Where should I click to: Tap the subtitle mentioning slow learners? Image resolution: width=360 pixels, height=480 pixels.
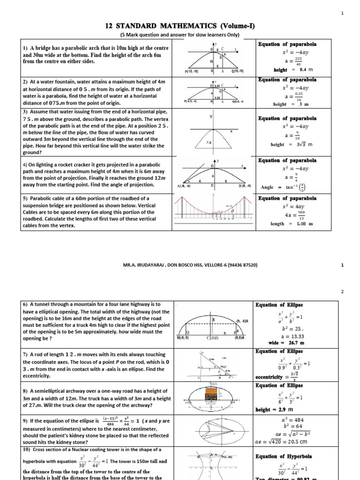tap(180, 35)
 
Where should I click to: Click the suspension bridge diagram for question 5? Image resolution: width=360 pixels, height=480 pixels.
tap(214, 211)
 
